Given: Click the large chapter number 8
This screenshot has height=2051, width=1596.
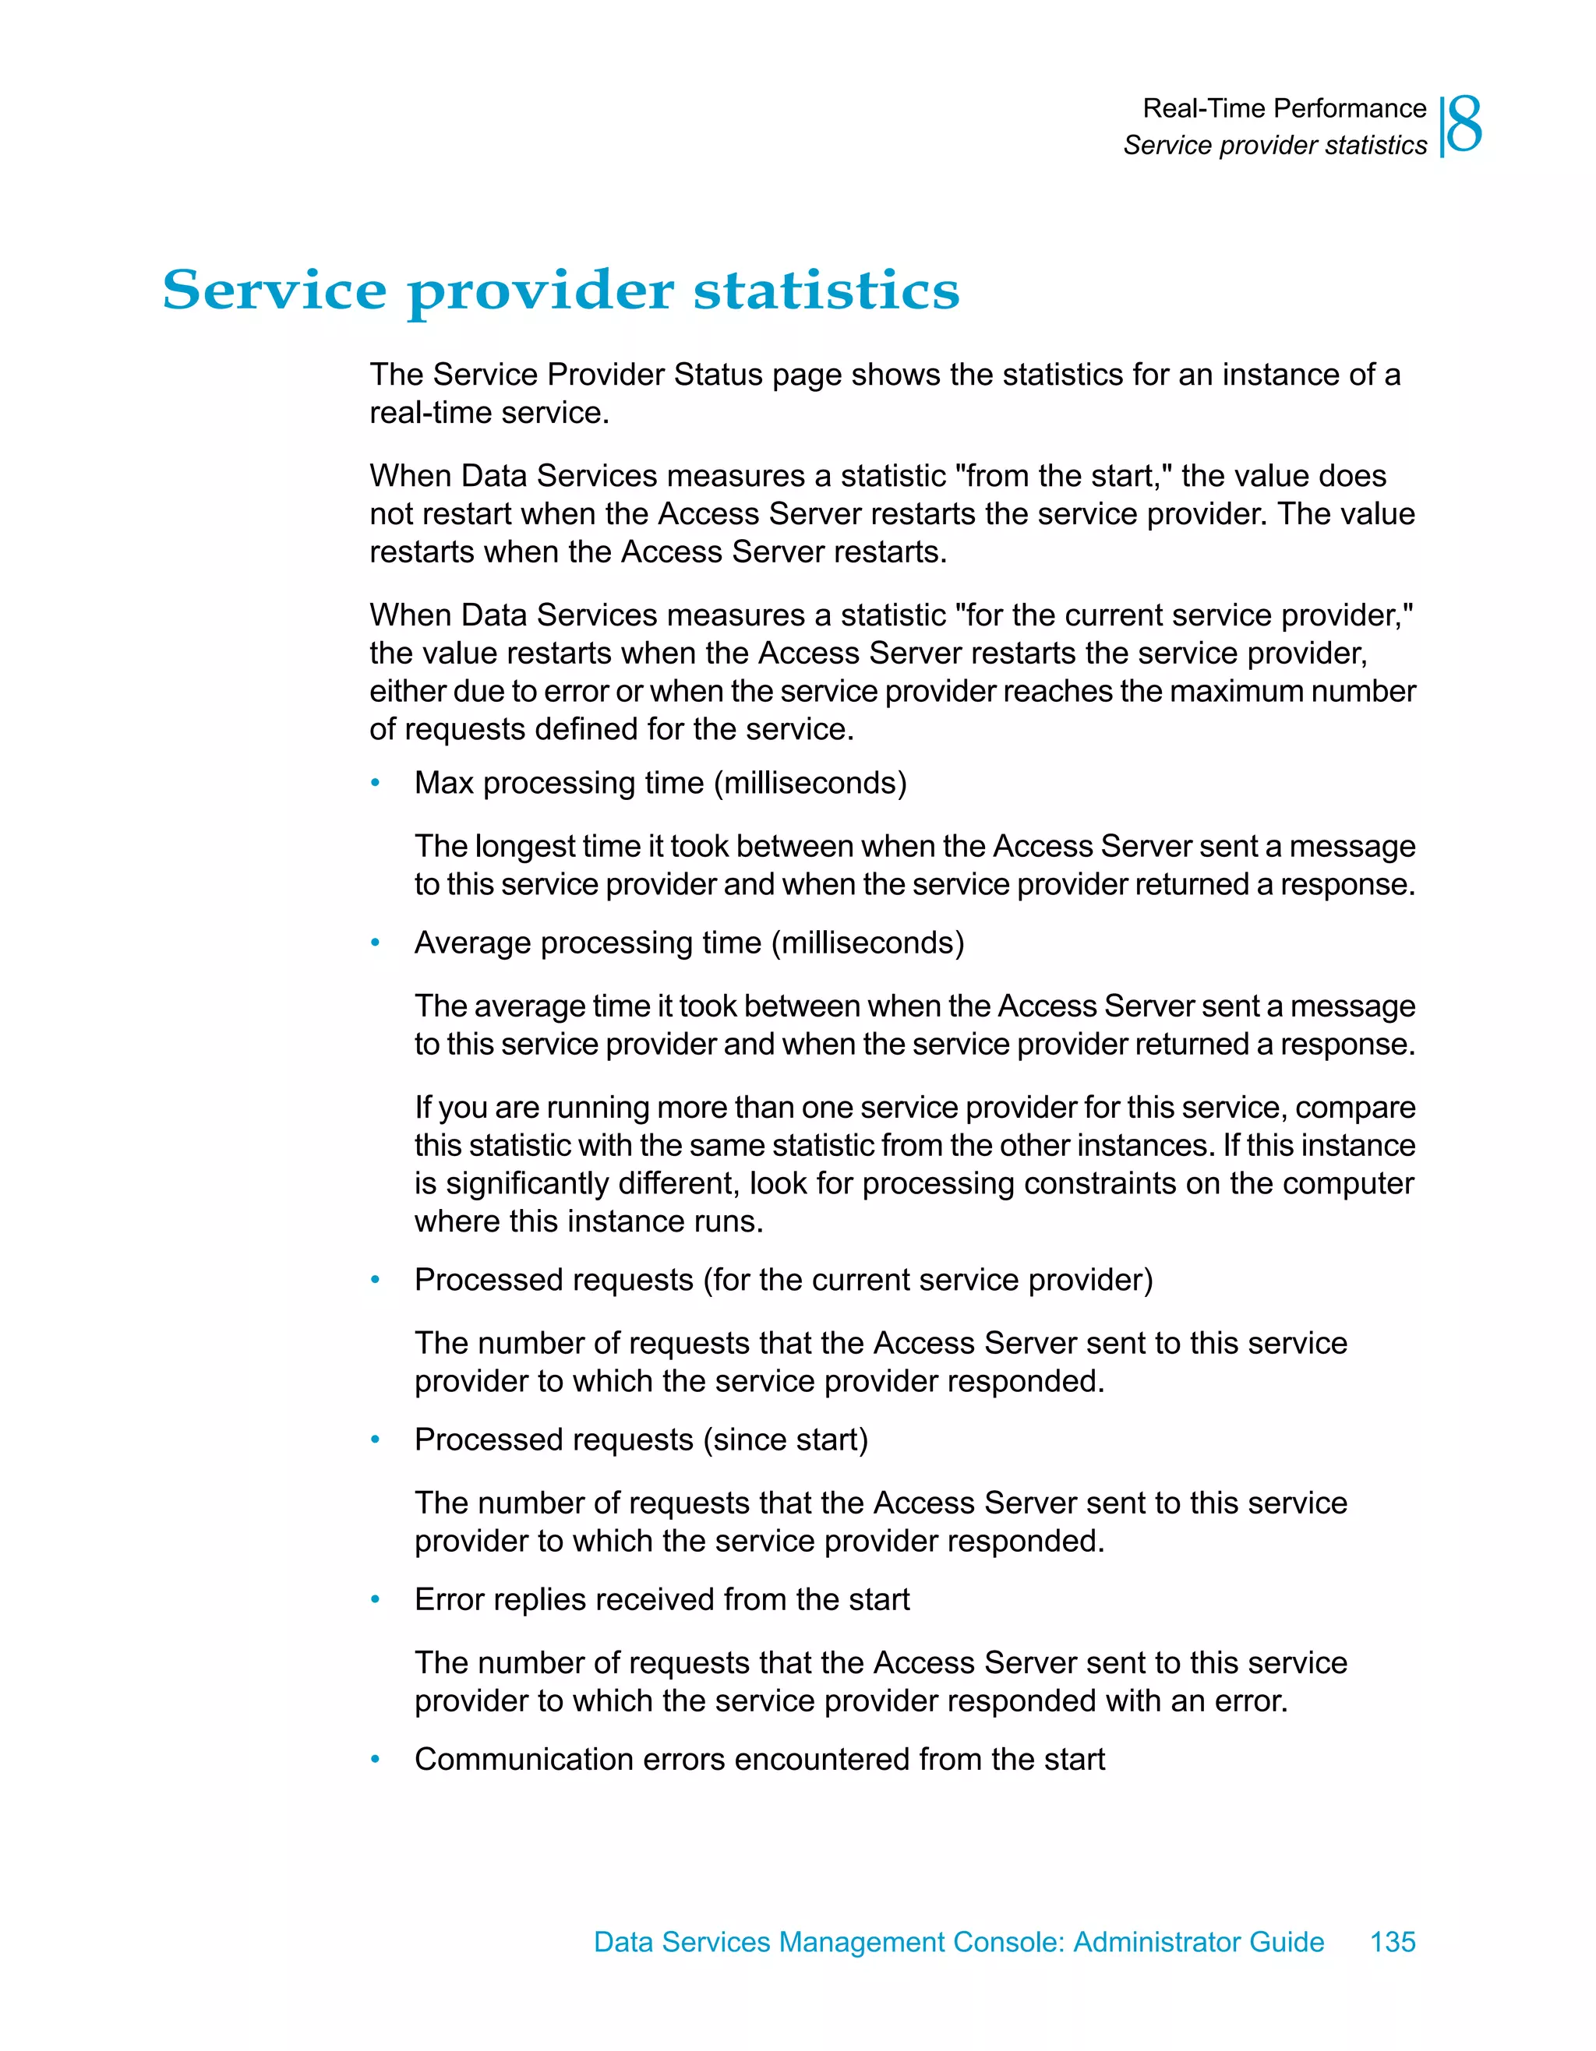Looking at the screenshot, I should (x=1464, y=126).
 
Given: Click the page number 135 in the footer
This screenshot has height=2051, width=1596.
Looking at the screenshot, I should (x=1392, y=1941).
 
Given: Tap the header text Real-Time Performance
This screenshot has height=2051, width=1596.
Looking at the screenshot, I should (x=1284, y=109).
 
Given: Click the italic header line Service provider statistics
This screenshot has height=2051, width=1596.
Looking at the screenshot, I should (x=1275, y=146).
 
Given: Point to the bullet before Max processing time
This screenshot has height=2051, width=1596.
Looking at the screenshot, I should (x=376, y=783).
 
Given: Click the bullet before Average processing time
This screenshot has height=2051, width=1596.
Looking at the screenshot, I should (x=376, y=943).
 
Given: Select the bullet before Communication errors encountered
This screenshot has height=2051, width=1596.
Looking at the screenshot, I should (x=376, y=1759).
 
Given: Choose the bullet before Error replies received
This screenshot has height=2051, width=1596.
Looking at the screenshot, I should (x=376, y=1599).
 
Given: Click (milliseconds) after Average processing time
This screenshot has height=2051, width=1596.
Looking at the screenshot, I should (x=867, y=943).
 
